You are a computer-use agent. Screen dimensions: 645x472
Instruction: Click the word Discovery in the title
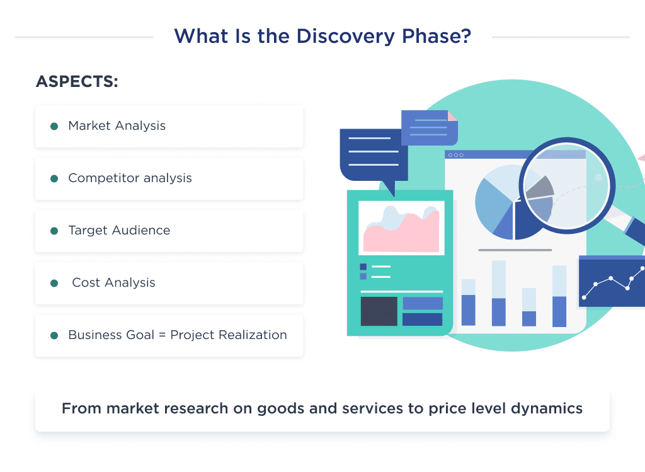tap(346, 37)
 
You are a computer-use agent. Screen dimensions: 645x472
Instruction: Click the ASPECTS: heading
tap(77, 81)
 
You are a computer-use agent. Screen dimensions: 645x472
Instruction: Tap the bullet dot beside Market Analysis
tap(54, 126)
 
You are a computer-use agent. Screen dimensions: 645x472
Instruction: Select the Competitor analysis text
tap(130, 178)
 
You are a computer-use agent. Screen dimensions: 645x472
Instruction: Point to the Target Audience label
tap(119, 230)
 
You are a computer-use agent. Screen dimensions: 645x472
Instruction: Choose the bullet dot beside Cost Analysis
tap(54, 283)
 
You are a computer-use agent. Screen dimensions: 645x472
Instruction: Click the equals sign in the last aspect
tap(162, 335)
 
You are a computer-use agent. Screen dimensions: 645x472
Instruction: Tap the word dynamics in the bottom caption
tap(547, 408)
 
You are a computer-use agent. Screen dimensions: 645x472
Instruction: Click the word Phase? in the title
tap(437, 36)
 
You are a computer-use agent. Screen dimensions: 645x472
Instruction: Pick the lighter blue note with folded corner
tap(429, 127)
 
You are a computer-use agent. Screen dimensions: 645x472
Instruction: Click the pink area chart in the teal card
tap(401, 233)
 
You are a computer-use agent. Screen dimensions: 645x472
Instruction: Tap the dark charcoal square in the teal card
tap(379, 311)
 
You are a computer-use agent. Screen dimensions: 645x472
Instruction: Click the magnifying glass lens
tap(567, 186)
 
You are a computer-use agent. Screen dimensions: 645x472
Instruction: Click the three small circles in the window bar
tap(456, 155)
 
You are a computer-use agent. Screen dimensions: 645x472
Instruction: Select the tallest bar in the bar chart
tap(499, 293)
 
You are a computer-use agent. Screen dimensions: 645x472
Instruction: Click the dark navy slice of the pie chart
tap(528, 220)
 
